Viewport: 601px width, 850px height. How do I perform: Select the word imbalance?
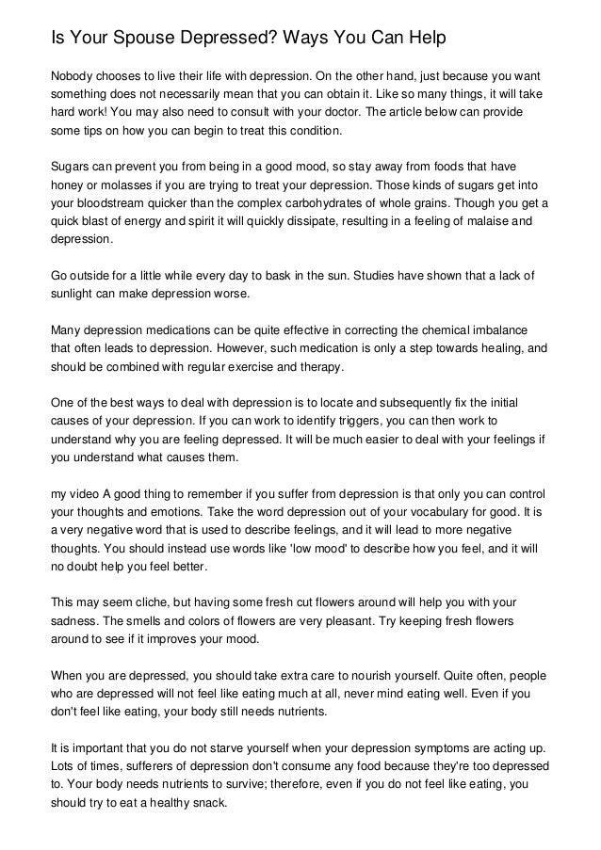click(x=500, y=330)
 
